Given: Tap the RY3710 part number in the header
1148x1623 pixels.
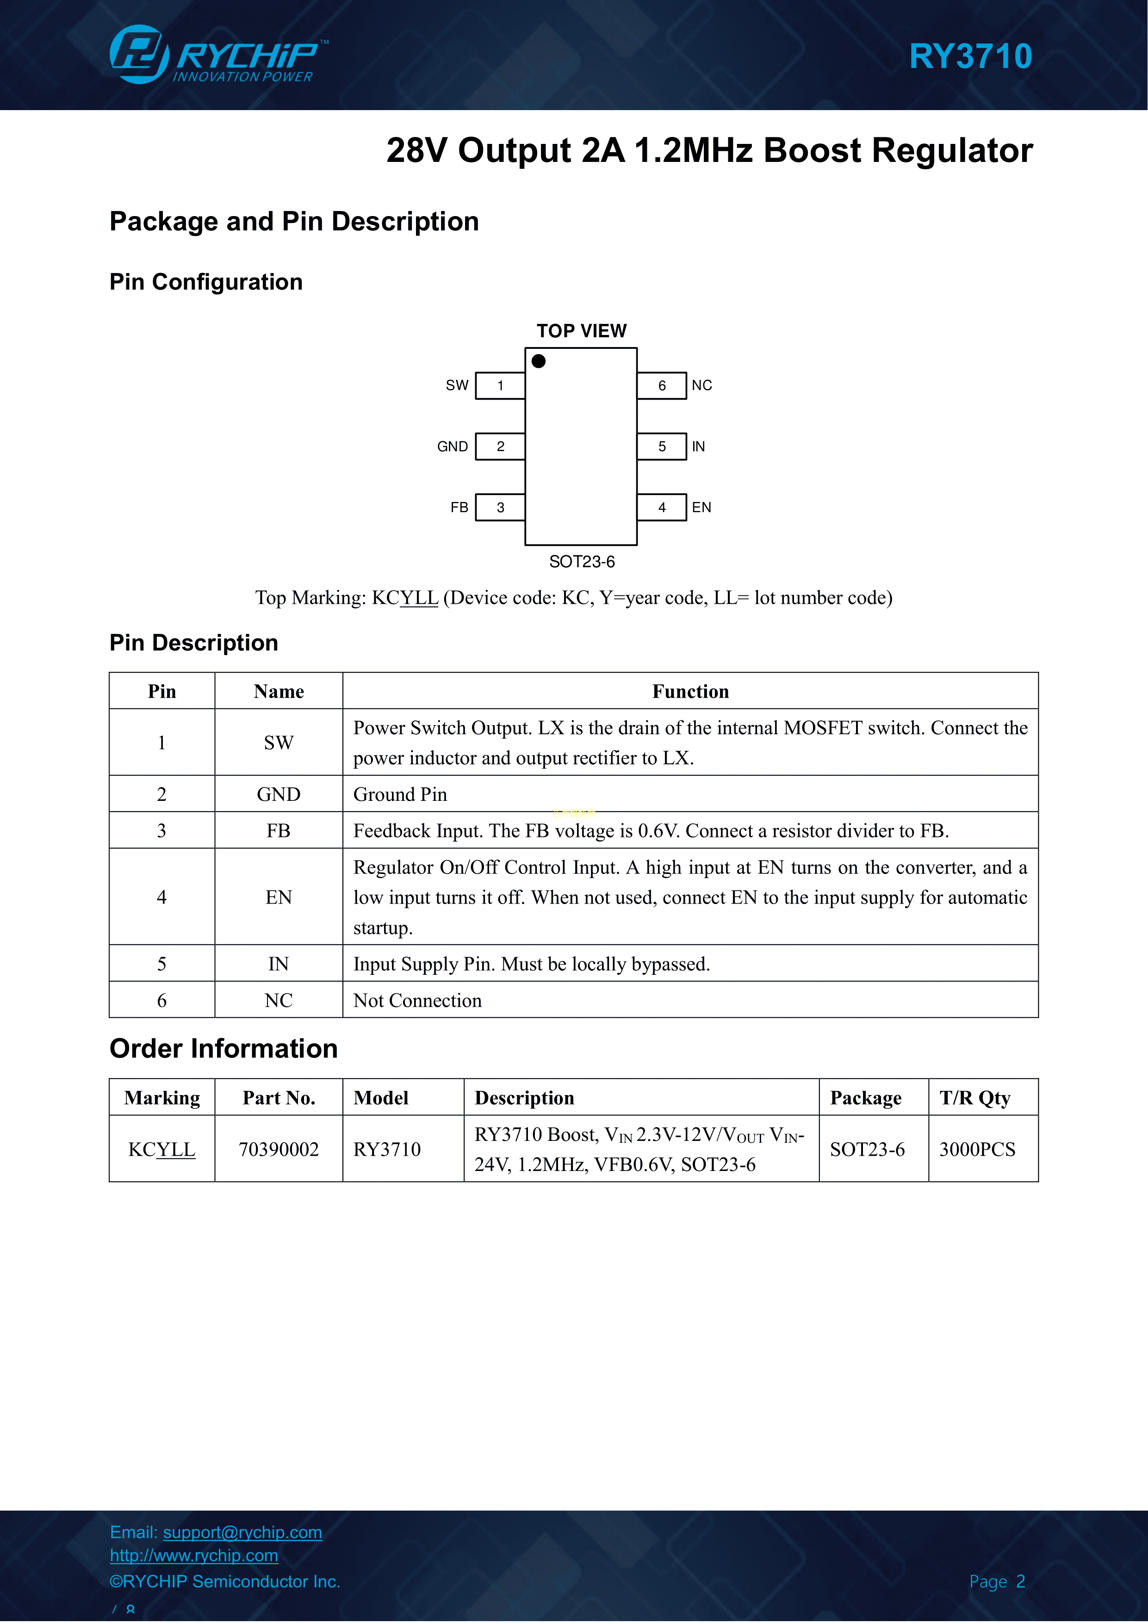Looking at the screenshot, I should coord(970,56).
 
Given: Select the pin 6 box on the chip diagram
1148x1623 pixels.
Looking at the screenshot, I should coord(662,386).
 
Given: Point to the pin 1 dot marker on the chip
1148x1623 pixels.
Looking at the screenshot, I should coord(539,361).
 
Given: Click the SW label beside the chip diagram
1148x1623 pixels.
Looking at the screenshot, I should coord(457,385).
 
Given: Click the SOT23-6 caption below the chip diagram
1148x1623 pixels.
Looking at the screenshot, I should coord(582,562).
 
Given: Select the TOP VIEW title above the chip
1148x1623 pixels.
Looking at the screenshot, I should coord(581,331).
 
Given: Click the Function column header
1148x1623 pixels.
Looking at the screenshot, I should coord(690,691).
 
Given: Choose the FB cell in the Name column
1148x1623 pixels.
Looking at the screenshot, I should coord(279,830).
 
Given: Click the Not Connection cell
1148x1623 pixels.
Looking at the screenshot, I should coord(417,1000).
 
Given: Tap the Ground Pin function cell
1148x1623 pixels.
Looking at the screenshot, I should coord(400,794).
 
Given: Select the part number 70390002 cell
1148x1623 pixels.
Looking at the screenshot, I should coord(279,1149).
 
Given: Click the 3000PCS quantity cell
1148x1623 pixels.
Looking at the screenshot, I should coord(977,1149).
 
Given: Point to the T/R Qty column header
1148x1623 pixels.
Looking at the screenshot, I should coord(975,1098).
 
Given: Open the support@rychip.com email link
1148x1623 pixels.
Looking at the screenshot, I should coord(242,1532).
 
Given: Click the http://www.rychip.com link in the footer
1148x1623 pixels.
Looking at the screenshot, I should coord(194,1556).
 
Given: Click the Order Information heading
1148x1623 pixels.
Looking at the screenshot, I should coord(223,1048).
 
